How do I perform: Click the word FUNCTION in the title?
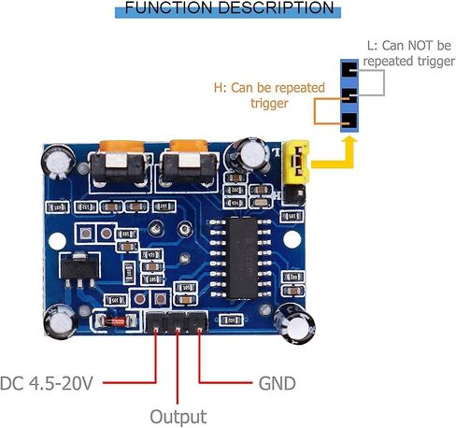[170, 7]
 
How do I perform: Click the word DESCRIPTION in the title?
[277, 7]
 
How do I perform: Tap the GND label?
[277, 383]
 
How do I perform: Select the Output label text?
[178, 417]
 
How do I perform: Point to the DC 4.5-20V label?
[47, 383]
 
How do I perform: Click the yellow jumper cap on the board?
[295, 162]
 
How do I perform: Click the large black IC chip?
[244, 258]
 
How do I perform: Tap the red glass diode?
[115, 321]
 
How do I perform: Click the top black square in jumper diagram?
[349, 69]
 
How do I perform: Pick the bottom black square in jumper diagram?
[349, 121]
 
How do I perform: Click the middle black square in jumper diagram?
[349, 95]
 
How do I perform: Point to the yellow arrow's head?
[349, 144]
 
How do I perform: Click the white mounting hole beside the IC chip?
[292, 239]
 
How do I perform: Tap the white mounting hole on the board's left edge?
[58, 241]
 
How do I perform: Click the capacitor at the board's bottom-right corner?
[293, 323]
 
